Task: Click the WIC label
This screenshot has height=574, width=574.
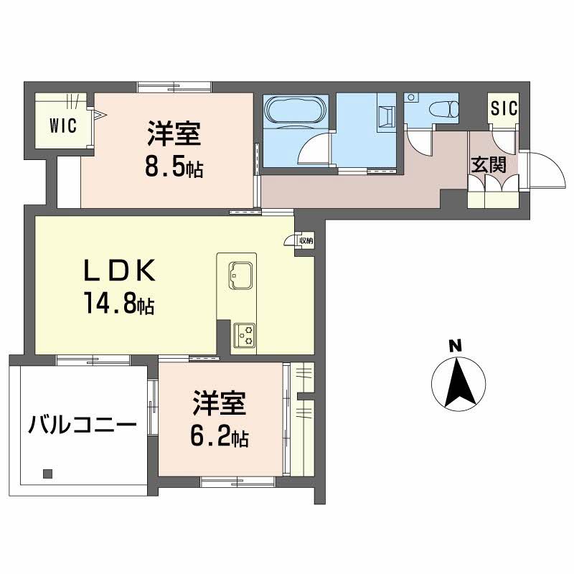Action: pyautogui.click(x=62, y=125)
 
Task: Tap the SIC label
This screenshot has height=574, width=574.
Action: pyautogui.click(x=504, y=108)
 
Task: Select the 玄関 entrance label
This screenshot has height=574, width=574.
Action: pyautogui.click(x=489, y=164)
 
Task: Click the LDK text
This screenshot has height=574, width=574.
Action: pyautogui.click(x=120, y=270)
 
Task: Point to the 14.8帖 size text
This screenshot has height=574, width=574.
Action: pyautogui.click(x=119, y=303)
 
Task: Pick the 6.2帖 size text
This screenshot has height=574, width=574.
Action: pyautogui.click(x=220, y=436)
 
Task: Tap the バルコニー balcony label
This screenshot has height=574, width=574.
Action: pyautogui.click(x=83, y=425)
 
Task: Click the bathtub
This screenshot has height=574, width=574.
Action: pyautogui.click(x=296, y=110)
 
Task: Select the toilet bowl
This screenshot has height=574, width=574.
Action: pyautogui.click(x=444, y=109)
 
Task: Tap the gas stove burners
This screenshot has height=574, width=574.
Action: pyautogui.click(x=245, y=334)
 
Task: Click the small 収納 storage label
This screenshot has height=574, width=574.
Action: pyautogui.click(x=306, y=241)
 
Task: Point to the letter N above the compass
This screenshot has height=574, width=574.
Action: pyautogui.click(x=456, y=346)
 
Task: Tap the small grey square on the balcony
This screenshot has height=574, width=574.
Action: pyautogui.click(x=47, y=474)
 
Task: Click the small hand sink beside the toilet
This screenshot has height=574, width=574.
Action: pyautogui.click(x=411, y=98)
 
